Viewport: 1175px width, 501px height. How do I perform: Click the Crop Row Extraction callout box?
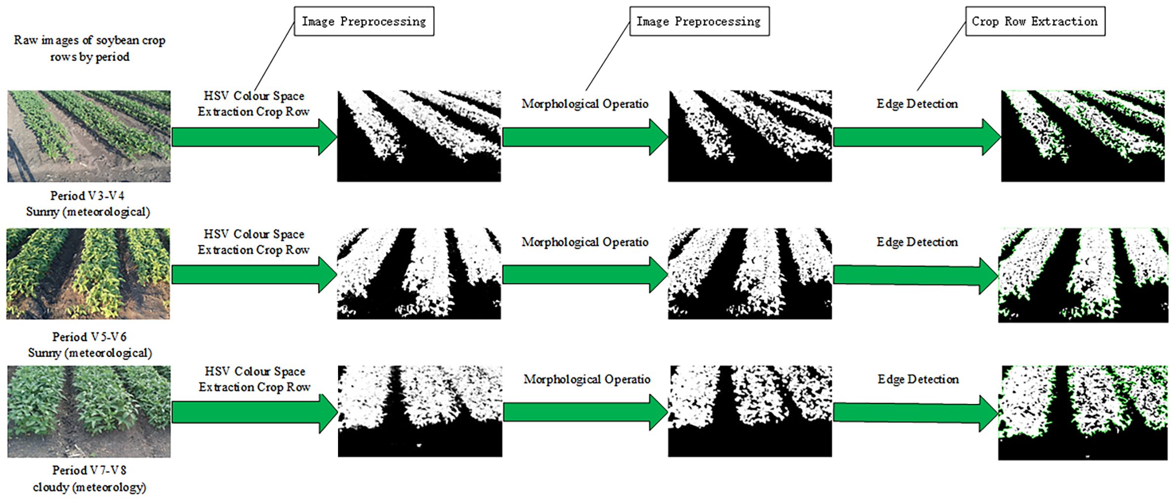pos(1035,21)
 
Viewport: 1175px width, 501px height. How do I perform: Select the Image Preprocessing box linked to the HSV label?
pos(364,21)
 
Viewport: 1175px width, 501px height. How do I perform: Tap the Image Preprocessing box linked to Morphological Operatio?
pos(699,21)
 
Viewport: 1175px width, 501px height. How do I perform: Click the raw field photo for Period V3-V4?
pos(89,136)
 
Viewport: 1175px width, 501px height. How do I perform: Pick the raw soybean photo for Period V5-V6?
pos(88,273)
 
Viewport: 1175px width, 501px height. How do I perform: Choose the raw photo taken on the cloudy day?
pos(89,411)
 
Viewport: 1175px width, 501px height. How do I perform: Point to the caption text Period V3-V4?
pos(87,196)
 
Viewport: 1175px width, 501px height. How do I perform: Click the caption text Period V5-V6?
pos(89,337)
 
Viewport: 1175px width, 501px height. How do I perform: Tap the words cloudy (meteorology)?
pos(89,487)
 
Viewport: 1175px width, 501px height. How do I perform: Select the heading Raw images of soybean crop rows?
pos(89,48)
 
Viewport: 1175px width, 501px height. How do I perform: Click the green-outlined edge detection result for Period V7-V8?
pos(1083,413)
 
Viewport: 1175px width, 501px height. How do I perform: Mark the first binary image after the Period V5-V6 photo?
pos(419,273)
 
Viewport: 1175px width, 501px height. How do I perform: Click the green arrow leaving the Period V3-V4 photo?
pos(254,137)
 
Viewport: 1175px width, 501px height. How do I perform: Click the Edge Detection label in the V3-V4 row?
pos(917,104)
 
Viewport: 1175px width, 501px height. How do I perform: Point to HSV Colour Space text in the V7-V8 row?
pos(255,371)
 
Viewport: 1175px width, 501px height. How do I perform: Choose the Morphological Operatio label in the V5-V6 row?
pos(585,242)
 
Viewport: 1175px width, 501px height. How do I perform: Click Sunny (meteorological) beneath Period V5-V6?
pos(89,353)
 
